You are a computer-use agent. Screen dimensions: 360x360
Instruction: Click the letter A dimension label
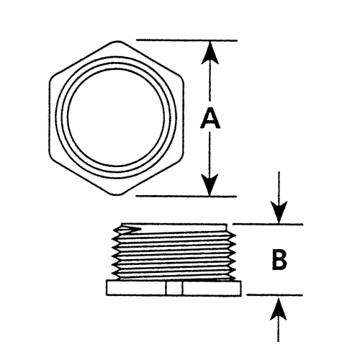(x=210, y=118)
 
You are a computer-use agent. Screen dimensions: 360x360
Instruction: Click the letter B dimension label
(x=279, y=260)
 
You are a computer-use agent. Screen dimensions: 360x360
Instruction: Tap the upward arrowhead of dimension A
(x=210, y=53)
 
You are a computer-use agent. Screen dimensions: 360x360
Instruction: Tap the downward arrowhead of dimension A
(x=210, y=185)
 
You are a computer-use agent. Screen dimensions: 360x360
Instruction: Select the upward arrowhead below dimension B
(x=279, y=309)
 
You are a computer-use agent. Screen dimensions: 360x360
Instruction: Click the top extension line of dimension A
(x=186, y=40)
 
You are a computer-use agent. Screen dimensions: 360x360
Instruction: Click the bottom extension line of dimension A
(x=186, y=197)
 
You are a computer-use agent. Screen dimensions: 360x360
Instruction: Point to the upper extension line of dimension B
(x=268, y=225)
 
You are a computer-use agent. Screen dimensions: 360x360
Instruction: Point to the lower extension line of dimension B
(x=274, y=295)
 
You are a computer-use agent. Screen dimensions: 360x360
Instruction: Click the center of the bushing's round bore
(x=117, y=117)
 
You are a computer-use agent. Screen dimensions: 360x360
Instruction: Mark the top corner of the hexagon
(x=117, y=41)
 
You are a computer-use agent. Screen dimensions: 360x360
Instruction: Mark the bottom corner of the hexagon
(x=117, y=194)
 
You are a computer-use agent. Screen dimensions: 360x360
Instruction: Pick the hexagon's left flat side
(x=50, y=117)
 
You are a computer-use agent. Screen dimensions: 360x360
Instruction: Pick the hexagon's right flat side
(x=184, y=117)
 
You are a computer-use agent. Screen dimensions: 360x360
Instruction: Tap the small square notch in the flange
(x=174, y=288)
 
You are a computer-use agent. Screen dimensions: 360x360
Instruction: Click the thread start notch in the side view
(x=127, y=230)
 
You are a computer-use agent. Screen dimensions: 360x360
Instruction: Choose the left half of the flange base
(x=136, y=288)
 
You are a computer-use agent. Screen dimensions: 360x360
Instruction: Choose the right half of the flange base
(x=212, y=288)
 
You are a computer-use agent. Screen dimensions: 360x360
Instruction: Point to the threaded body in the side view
(x=174, y=251)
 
